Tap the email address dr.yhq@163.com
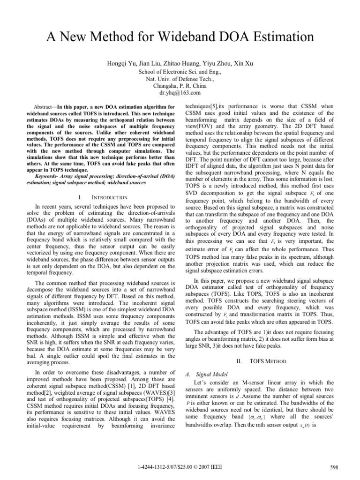[180, 93]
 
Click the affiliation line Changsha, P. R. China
[180, 86]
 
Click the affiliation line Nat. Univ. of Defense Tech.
[180, 79]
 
